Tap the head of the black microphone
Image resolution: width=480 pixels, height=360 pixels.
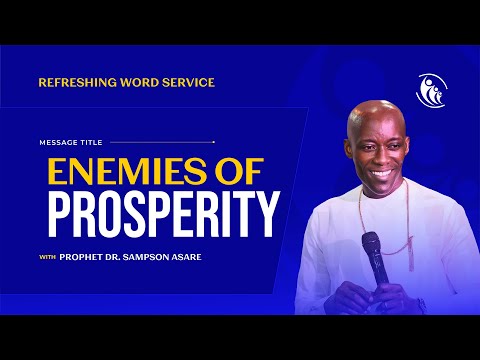[x=370, y=243]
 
